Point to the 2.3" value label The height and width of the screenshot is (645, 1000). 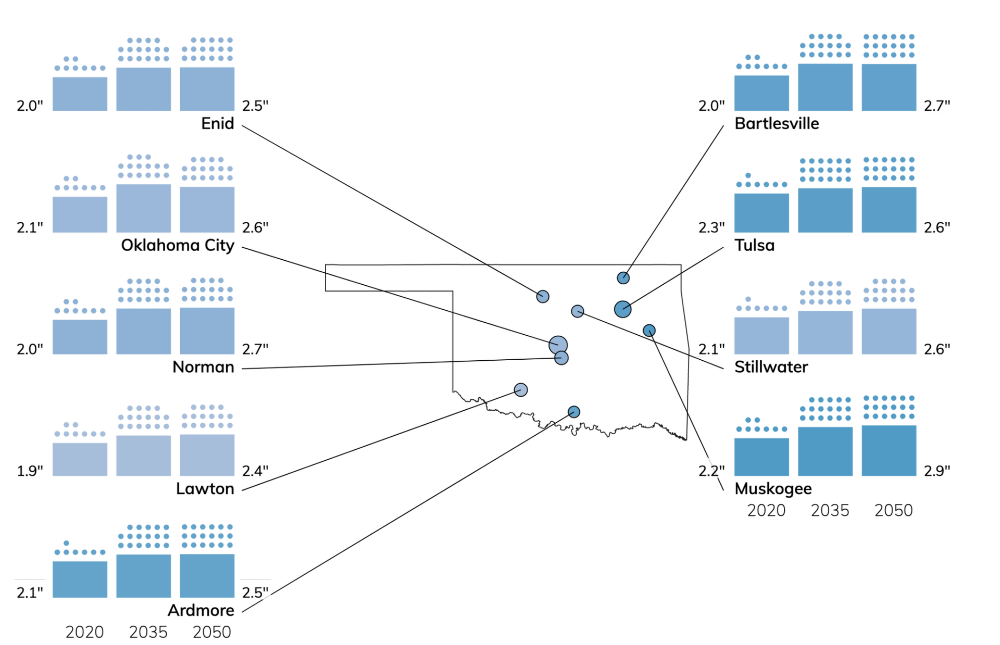coord(711,227)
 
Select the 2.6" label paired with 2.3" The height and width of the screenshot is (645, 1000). coord(937,227)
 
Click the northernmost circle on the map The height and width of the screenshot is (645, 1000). coord(623,277)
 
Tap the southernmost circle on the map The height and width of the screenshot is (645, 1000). coord(573,412)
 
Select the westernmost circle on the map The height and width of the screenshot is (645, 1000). coord(520,389)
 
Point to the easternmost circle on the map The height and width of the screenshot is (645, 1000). coord(649,330)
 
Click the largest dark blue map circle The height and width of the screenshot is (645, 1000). coord(622,309)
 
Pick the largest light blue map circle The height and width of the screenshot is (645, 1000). coord(558,344)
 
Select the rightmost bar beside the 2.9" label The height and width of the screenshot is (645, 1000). coord(889,450)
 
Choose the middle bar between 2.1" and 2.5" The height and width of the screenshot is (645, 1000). coord(143,575)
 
